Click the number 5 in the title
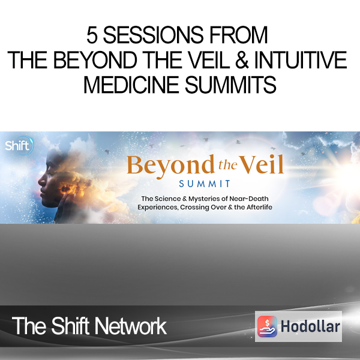(92, 35)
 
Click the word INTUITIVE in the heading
(301, 60)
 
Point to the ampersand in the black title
(242, 60)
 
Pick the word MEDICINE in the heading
(131, 85)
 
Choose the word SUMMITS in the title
(230, 85)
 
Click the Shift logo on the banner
(19, 145)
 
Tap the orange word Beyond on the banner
(170, 166)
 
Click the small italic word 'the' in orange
(227, 164)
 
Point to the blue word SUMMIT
(205, 184)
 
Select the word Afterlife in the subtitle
(259, 207)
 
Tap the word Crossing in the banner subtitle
(193, 208)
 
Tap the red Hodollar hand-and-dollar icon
(267, 326)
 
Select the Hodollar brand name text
(310, 326)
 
